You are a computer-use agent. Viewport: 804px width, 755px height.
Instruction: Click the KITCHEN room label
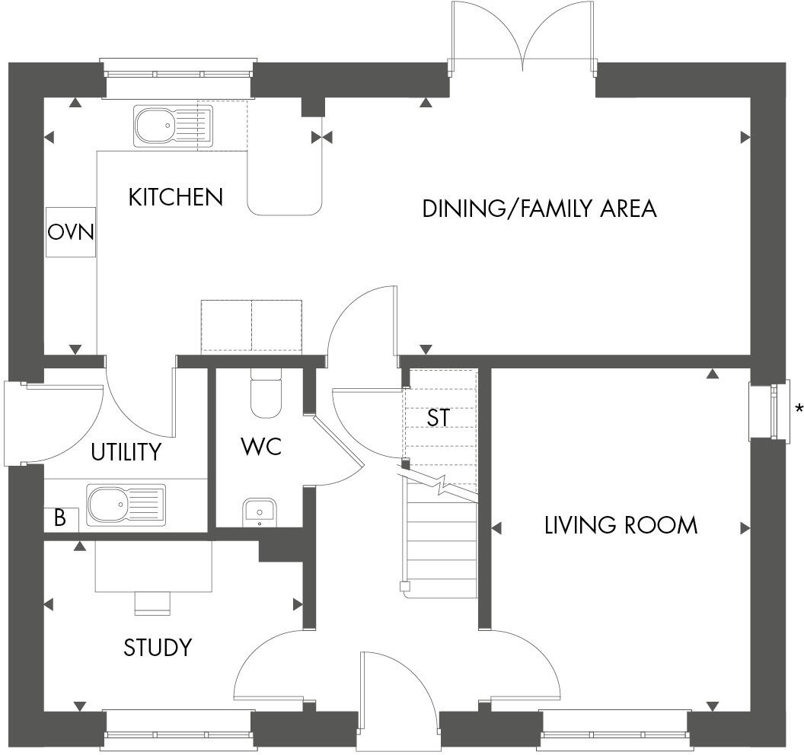(x=175, y=197)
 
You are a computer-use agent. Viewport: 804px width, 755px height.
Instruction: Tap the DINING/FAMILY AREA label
(x=539, y=209)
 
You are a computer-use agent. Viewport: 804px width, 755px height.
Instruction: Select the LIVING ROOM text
(x=621, y=525)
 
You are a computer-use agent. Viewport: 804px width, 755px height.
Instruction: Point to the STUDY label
(x=158, y=648)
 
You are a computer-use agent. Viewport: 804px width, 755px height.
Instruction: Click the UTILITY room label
(x=126, y=452)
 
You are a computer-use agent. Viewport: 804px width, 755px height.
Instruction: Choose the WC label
(x=261, y=447)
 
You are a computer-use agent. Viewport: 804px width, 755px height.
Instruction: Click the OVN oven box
(x=71, y=231)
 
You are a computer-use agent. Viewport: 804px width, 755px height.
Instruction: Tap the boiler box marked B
(x=60, y=519)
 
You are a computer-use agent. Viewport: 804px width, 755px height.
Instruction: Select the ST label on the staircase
(x=439, y=418)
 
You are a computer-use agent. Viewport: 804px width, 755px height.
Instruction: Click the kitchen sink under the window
(x=173, y=126)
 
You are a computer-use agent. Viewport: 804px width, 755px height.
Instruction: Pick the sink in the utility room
(x=126, y=504)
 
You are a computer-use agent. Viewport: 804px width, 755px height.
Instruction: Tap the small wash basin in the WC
(x=260, y=512)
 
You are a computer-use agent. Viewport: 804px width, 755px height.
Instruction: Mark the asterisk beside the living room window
(x=799, y=409)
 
